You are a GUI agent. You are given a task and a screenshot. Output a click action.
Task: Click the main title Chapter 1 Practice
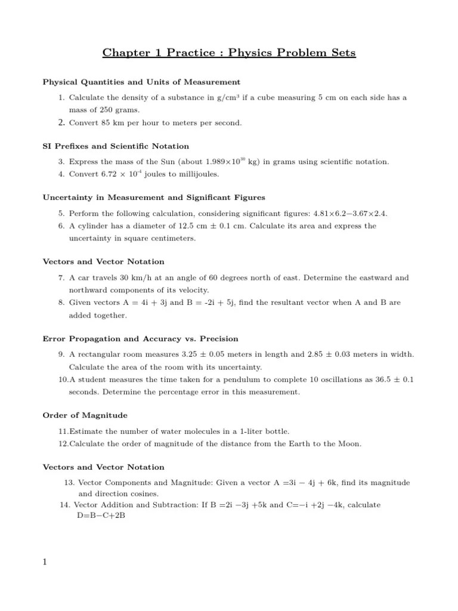tap(229, 53)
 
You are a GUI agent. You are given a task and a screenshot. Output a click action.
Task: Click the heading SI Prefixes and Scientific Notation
tap(116, 146)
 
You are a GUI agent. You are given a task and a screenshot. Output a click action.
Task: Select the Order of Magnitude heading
tap(85, 415)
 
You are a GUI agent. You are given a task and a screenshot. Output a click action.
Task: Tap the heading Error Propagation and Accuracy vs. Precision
tap(140, 338)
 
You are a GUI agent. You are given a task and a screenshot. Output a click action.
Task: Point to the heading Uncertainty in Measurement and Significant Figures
tap(154, 197)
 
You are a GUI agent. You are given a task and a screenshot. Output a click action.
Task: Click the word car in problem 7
tap(84, 277)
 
